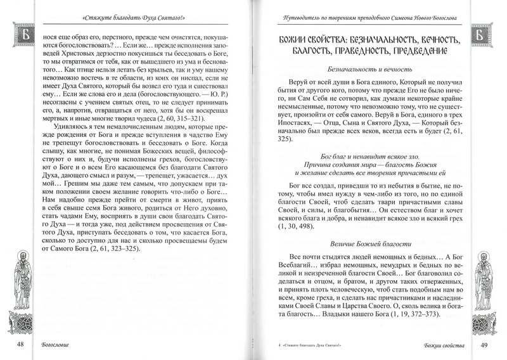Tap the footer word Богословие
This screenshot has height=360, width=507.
[52, 345]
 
